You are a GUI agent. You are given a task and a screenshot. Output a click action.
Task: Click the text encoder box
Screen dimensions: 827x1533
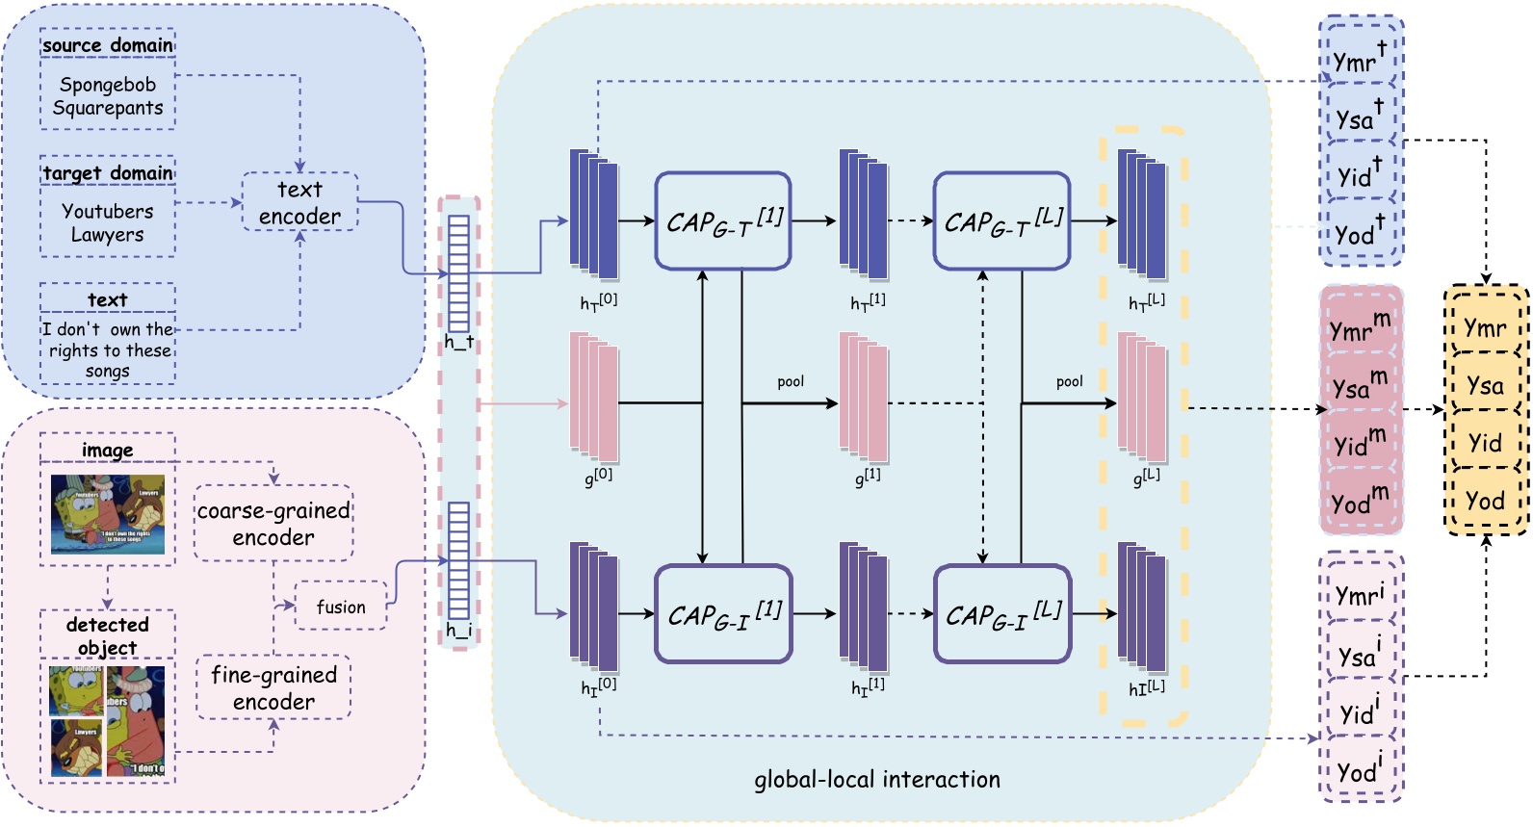(299, 202)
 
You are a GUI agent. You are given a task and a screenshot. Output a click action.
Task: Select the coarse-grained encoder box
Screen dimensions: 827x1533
(273, 524)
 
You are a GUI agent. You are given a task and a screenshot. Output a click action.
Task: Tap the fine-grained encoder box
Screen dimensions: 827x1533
(273, 687)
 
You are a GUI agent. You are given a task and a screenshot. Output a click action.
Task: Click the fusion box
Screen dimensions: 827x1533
(341, 607)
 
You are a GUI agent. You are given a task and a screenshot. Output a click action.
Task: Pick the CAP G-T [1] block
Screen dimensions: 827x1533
(723, 221)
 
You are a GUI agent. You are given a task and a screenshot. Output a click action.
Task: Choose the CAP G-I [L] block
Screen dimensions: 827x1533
(1002, 614)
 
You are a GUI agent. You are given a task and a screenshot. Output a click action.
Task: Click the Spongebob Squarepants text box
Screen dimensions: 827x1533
(108, 96)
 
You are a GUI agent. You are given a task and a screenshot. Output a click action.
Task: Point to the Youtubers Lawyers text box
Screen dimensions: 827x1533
(108, 222)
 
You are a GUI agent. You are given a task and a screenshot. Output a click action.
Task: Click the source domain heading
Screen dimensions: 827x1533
(108, 45)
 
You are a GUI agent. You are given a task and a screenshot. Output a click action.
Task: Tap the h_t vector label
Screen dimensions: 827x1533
(459, 343)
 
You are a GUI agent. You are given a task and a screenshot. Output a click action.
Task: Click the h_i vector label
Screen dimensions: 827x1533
(459, 631)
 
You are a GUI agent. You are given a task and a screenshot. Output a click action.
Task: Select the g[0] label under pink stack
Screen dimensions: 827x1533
(598, 476)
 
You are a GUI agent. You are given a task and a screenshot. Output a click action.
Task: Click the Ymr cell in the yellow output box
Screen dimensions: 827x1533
(1485, 328)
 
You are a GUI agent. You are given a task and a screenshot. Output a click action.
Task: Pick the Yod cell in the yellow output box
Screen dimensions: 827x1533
(1485, 501)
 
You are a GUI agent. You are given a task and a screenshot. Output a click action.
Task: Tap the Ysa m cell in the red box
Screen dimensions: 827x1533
(1360, 385)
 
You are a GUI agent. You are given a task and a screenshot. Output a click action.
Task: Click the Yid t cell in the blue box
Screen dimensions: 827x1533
(1360, 175)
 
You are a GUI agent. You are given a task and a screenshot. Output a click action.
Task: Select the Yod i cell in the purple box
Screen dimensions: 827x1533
(1360, 770)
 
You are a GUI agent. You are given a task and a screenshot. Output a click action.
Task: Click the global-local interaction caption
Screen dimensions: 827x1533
(876, 779)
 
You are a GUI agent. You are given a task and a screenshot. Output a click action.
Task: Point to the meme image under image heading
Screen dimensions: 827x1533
(108, 514)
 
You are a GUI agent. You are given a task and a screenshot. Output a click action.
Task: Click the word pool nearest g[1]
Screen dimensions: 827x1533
(791, 382)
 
